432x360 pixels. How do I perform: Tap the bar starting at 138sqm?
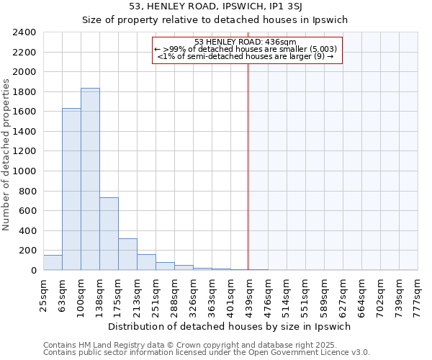click(109, 234)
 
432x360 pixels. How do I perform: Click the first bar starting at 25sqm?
click(53, 263)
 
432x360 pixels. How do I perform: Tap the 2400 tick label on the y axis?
click(24, 32)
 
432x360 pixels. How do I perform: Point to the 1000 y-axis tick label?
click(24, 171)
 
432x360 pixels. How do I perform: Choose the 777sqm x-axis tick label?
click(418, 293)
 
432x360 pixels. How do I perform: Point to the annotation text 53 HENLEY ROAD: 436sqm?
click(246, 42)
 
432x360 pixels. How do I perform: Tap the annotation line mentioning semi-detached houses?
click(246, 56)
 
